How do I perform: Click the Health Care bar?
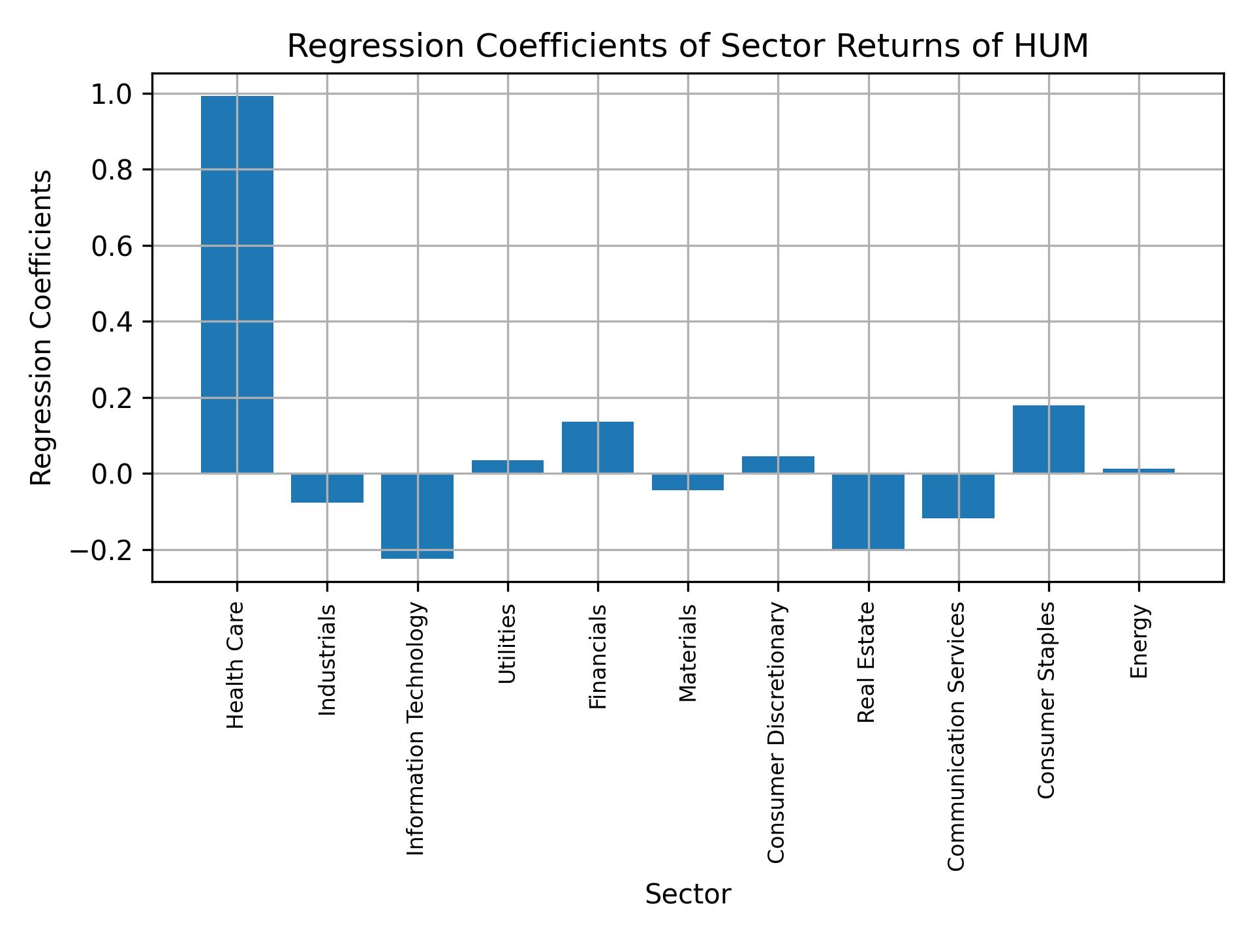pos(237,284)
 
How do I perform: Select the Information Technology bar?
pos(417,516)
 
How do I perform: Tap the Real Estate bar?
pos(868,511)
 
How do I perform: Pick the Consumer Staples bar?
pos(1048,439)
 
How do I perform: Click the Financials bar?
pos(597,447)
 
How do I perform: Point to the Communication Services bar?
pos(958,495)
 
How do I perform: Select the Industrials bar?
pos(327,488)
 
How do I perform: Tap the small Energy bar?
pos(1138,471)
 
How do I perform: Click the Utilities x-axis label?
pos(508,644)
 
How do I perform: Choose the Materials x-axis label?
pos(688,653)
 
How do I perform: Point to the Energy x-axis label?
pos(1139,642)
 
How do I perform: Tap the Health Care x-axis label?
pos(236,665)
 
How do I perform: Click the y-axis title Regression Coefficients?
pos(42,328)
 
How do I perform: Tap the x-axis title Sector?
pos(688,894)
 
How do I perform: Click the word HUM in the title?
pos(1051,46)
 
